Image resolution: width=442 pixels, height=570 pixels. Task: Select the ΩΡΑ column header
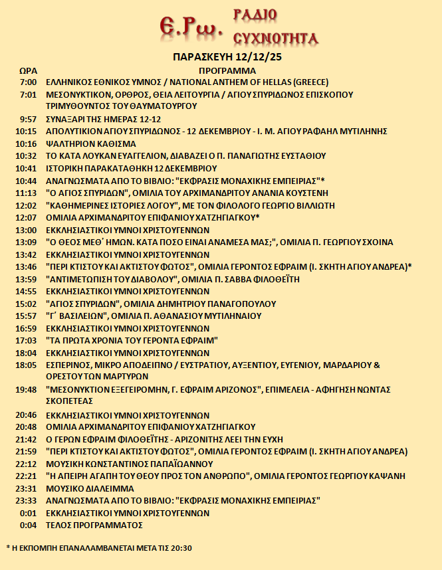pos(28,70)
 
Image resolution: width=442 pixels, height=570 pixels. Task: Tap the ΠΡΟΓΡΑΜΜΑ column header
pos(227,70)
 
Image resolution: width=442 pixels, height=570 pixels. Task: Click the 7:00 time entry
pos(28,82)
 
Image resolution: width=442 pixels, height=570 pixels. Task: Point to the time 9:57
pos(28,119)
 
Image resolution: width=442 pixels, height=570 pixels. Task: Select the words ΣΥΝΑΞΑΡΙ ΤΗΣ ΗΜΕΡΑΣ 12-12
pos(106,119)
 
